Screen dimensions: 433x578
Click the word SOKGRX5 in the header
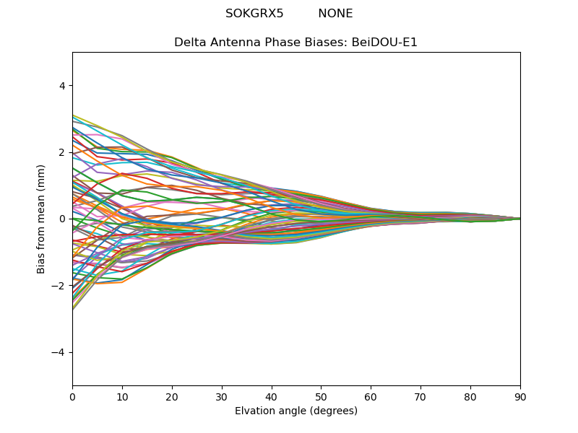[x=254, y=14]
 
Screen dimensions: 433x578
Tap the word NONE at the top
[x=335, y=14]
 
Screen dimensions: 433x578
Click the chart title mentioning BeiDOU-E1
[x=296, y=43]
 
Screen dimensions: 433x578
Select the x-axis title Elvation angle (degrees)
[x=296, y=411]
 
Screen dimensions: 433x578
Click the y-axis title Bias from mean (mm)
[x=41, y=219]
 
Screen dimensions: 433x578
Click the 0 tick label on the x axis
[x=72, y=396]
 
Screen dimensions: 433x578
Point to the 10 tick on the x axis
[x=122, y=396]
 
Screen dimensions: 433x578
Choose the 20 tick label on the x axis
[x=172, y=396]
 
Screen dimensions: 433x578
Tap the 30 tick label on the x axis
[x=222, y=396]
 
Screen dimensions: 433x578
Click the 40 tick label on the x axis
[x=272, y=396]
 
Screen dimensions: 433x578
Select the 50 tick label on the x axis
[x=321, y=396]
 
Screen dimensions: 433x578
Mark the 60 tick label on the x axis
[x=371, y=396]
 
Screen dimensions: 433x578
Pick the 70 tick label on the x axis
[x=420, y=396]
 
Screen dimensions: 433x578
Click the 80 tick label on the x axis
[x=470, y=396]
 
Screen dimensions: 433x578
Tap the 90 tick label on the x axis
[x=520, y=396]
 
